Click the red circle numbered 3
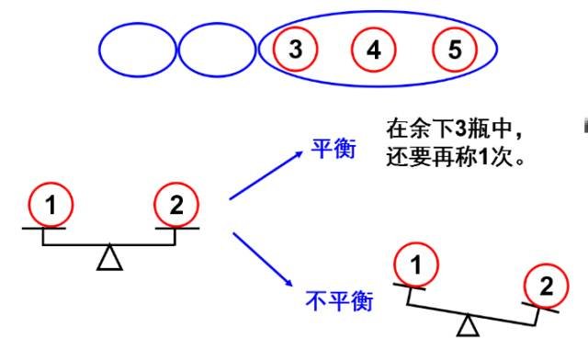[295, 50]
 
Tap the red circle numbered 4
[373, 50]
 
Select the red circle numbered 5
[455, 50]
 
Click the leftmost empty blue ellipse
[137, 51]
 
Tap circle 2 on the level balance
[176, 207]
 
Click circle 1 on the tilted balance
[415, 265]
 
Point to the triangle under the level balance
[110, 258]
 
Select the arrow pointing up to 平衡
[266, 175]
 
